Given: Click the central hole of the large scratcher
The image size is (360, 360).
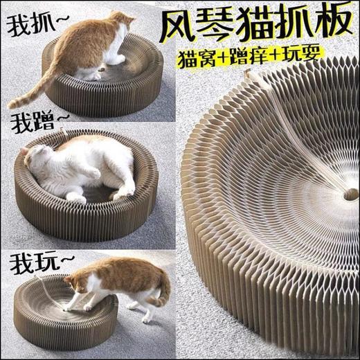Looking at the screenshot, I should pos(350,195).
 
